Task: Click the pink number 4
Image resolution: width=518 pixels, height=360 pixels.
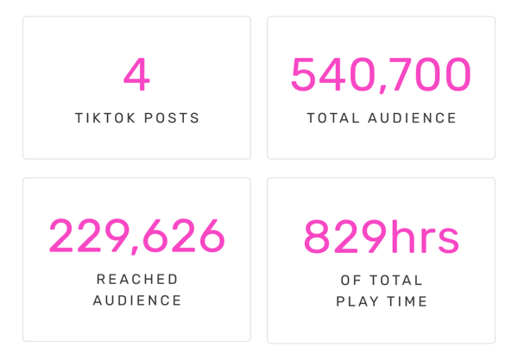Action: [x=136, y=75]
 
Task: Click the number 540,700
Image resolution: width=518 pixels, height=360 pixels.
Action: [x=381, y=75]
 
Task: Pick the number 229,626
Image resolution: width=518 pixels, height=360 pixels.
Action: [x=136, y=237]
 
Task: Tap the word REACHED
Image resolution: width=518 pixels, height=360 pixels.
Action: [x=137, y=280]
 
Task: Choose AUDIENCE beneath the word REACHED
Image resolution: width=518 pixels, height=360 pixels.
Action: [x=137, y=300]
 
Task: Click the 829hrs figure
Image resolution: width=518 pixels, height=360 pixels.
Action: [x=381, y=237]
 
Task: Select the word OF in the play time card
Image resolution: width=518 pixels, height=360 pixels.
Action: [x=351, y=281]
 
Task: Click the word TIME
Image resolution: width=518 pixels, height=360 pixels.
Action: [x=409, y=301]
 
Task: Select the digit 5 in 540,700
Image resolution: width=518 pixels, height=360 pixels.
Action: [x=304, y=75]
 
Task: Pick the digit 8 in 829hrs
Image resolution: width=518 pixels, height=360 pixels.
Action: [x=318, y=237]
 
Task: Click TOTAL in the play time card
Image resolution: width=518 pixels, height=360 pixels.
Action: [x=395, y=281]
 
